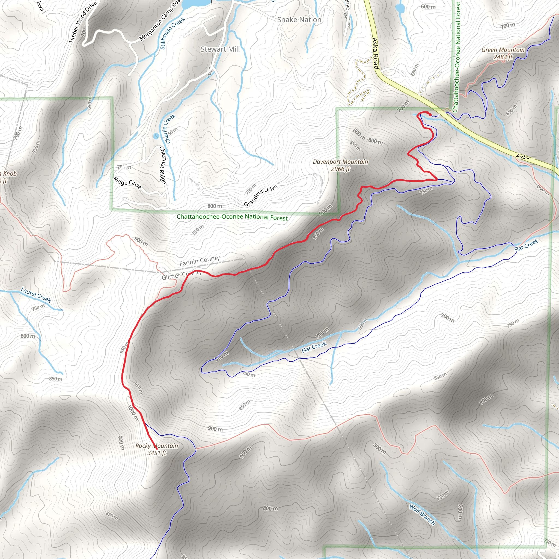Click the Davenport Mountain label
(x=340, y=165)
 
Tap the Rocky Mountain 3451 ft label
(x=157, y=449)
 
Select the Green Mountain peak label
(x=503, y=53)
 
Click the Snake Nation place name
(x=299, y=20)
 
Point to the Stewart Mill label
(x=220, y=49)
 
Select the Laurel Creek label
(x=36, y=295)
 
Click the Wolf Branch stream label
(x=422, y=515)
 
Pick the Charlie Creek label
(x=170, y=129)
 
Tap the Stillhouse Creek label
(x=172, y=33)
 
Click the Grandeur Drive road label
(x=260, y=196)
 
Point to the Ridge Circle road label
(x=127, y=183)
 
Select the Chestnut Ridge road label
(x=163, y=165)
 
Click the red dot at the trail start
(x=430, y=115)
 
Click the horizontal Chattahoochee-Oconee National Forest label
(x=232, y=217)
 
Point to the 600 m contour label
(x=428, y=6)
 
